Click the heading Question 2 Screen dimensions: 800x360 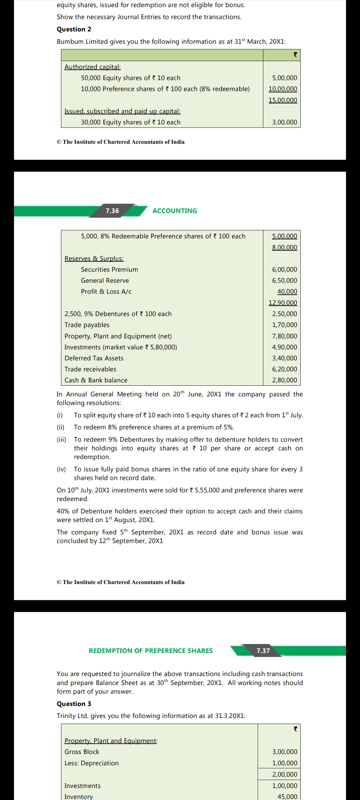pyautogui.click(x=74, y=29)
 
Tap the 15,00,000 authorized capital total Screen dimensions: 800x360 pyautogui.click(x=283, y=100)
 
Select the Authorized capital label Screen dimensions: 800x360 pyautogui.click(x=92, y=67)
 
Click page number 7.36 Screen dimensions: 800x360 pyautogui.click(x=112, y=211)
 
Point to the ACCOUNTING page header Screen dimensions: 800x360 pyautogui.click(x=175, y=211)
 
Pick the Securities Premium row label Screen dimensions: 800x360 pyautogui.click(x=109, y=269)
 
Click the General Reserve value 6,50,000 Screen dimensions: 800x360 pyautogui.click(x=284, y=280)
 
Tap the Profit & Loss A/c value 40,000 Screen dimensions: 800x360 pyautogui.click(x=287, y=291)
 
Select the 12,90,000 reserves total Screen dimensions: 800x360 pyautogui.click(x=283, y=303)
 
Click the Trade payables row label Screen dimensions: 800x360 pyautogui.click(x=87, y=325)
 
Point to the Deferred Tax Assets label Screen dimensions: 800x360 pyautogui.click(x=94, y=358)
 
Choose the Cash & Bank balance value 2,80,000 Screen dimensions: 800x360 pyautogui.click(x=284, y=380)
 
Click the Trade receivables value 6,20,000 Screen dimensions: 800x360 pyautogui.click(x=284, y=369)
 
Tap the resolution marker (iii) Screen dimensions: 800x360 pyautogui.click(x=61, y=439)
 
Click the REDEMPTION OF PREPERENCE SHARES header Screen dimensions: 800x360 pyautogui.click(x=151, y=651)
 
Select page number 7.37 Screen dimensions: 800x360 pyautogui.click(x=263, y=651)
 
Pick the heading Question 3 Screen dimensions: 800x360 pyautogui.click(x=74, y=704)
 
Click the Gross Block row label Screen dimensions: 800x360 pyautogui.click(x=82, y=752)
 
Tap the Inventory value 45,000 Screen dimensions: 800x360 pyautogui.click(x=287, y=796)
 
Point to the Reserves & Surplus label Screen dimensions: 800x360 pyautogui.click(x=94, y=258)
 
